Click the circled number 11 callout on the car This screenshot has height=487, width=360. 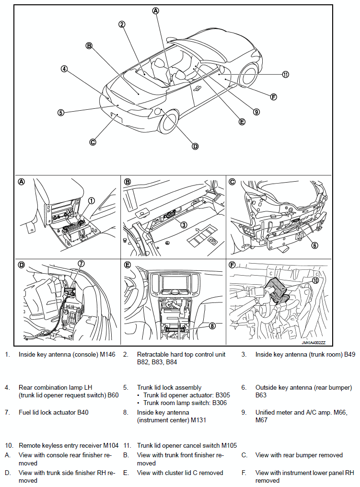pyautogui.click(x=286, y=74)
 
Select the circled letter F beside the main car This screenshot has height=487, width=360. pyautogui.click(x=273, y=97)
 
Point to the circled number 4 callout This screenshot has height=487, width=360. pyautogui.click(x=64, y=69)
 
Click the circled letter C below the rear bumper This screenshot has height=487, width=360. pyautogui.click(x=93, y=141)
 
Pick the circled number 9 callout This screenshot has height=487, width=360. pyautogui.click(x=256, y=112)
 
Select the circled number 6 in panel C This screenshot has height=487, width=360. pyautogui.click(x=314, y=245)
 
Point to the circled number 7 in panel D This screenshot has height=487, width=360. pyautogui.click(x=81, y=263)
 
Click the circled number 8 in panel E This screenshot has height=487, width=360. pyautogui.click(x=212, y=326)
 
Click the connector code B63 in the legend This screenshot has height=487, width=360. pyautogui.click(x=261, y=395)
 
